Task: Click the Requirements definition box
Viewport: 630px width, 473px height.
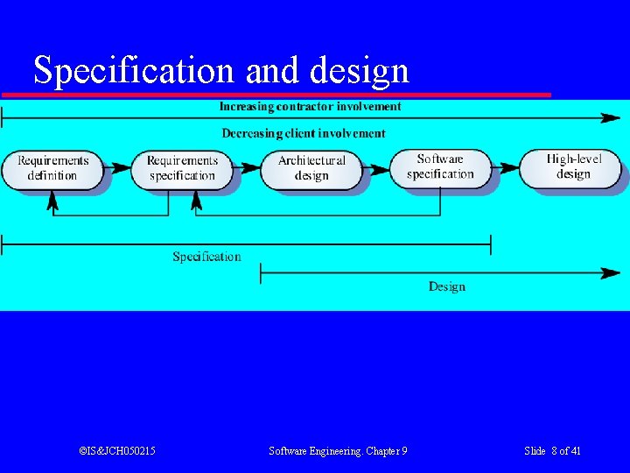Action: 52,168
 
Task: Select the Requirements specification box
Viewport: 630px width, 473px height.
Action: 181,168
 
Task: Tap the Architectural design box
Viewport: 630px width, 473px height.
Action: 311,168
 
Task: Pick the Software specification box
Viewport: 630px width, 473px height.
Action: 439,166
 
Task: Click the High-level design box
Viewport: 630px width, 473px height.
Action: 572,166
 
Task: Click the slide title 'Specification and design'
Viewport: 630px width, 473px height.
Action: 221,70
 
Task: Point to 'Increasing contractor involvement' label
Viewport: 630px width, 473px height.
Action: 310,107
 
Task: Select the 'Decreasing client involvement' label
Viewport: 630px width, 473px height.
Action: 303,134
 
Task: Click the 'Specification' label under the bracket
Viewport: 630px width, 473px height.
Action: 206,257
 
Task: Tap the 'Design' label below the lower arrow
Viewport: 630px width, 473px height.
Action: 446,286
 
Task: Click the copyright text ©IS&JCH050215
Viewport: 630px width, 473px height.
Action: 117,451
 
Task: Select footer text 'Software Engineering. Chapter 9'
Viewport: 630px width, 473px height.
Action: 338,451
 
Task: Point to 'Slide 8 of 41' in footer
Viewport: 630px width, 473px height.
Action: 552,451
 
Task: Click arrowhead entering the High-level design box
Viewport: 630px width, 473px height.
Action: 513,166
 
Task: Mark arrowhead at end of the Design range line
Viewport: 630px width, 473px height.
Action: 610,273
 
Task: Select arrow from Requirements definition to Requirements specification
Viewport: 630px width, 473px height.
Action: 117,166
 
